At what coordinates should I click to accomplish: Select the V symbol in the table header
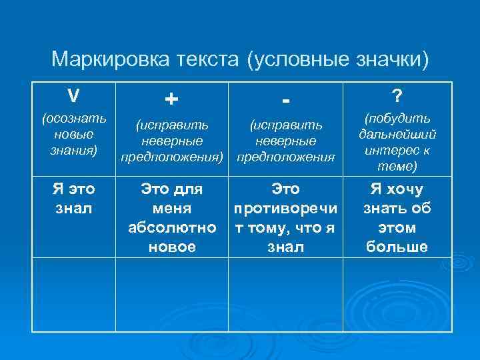click(74, 96)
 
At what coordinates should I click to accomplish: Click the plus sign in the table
click(171, 99)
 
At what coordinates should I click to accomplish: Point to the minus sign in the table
click(285, 100)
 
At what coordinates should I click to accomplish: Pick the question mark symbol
click(397, 97)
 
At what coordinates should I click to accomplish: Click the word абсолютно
click(172, 227)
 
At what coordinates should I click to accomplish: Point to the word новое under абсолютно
click(172, 247)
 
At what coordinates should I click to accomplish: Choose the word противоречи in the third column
click(285, 209)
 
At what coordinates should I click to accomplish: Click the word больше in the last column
click(397, 247)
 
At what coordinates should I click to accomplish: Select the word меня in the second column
click(172, 209)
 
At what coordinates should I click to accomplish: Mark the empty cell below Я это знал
click(74, 294)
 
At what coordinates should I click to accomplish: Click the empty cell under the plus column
click(172, 294)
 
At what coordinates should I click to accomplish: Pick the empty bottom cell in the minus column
click(285, 294)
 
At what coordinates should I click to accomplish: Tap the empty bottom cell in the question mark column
click(397, 294)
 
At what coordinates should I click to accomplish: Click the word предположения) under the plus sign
click(172, 158)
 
